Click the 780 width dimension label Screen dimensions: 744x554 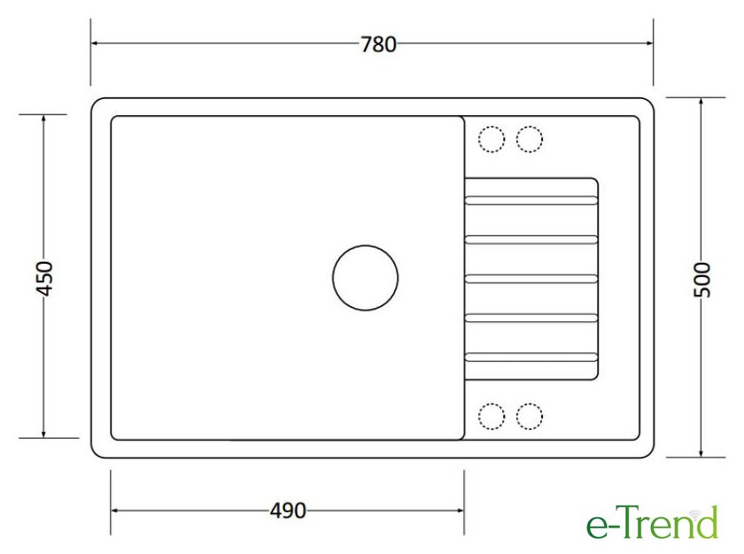pyautogui.click(x=379, y=44)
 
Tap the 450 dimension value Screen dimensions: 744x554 pyautogui.click(x=45, y=279)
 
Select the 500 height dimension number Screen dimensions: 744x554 pyautogui.click(x=702, y=280)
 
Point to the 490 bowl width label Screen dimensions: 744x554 pyautogui.click(x=288, y=511)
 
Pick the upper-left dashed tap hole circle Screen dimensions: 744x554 pyautogui.click(x=492, y=127)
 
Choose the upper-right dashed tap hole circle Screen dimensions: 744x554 pyautogui.click(x=530, y=127)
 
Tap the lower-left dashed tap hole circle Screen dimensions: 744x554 pyautogui.click(x=492, y=404)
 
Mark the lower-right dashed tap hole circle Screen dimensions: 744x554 pyautogui.click(x=530, y=404)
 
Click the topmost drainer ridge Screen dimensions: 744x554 pyautogui.click(x=531, y=201)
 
